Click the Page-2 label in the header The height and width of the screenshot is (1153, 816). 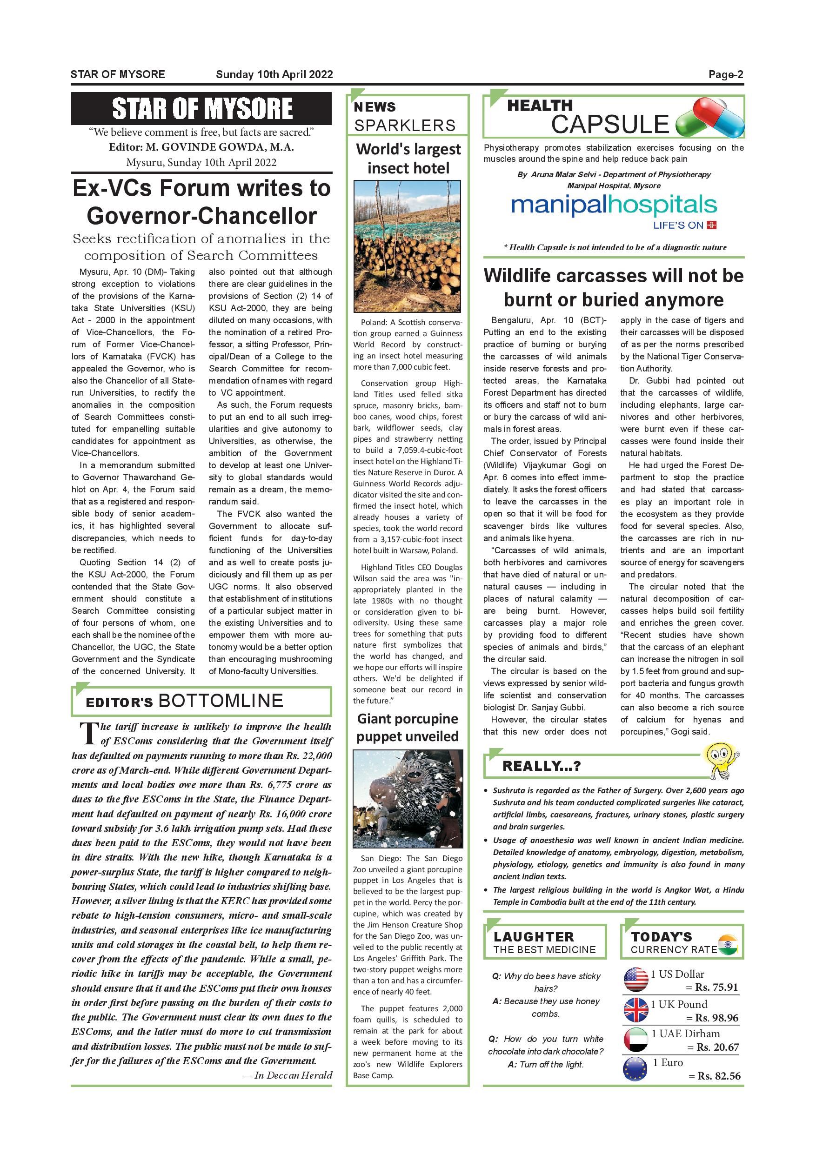pyautogui.click(x=726, y=75)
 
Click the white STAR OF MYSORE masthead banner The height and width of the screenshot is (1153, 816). pyautogui.click(x=201, y=108)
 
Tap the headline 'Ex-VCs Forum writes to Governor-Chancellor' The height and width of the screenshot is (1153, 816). pyautogui.click(x=201, y=202)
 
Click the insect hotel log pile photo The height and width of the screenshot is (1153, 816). pyautogui.click(x=407, y=246)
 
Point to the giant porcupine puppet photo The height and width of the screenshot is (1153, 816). pyautogui.click(x=408, y=799)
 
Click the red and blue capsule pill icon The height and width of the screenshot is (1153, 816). pyautogui.click(x=709, y=118)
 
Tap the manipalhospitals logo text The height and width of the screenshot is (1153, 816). pyautogui.click(x=614, y=205)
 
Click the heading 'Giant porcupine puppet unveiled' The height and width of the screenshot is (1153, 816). pyautogui.click(x=408, y=727)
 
